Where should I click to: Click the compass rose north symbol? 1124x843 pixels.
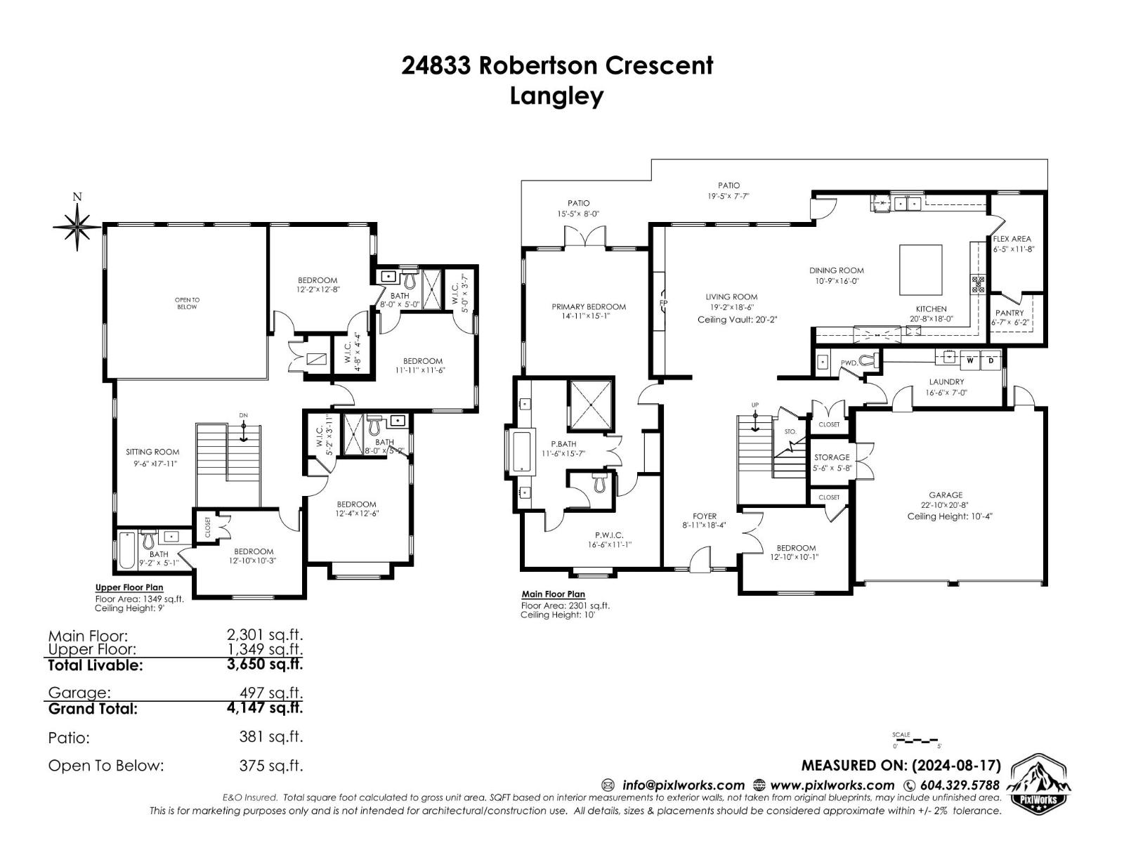click(77, 225)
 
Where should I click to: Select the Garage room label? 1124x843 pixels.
click(945, 495)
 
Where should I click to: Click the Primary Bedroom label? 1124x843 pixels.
click(588, 306)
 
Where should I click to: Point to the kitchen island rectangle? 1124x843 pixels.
click(921, 270)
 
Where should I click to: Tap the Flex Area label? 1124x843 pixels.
click(1012, 239)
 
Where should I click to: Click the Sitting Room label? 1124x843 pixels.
click(152, 452)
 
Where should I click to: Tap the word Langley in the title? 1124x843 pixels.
click(556, 96)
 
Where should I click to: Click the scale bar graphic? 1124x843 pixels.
click(915, 740)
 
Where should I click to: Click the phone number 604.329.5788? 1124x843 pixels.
click(959, 785)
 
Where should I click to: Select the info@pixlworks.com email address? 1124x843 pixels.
click(683, 785)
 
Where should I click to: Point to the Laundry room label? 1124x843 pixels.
click(946, 381)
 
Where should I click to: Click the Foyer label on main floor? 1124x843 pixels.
click(704, 516)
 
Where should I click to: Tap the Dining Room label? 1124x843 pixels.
click(836, 270)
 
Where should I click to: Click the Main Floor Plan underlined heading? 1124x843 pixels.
click(553, 594)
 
